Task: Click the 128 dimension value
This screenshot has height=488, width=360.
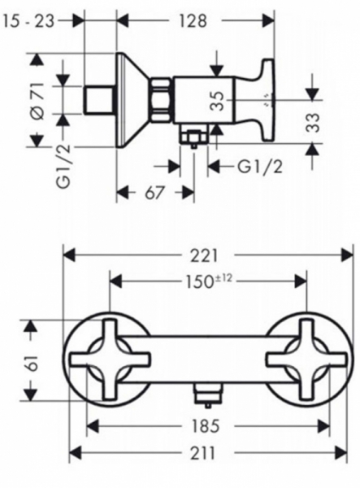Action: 193,21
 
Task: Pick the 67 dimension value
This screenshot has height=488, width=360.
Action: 154,193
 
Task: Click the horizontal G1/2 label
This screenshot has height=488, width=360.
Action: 261,167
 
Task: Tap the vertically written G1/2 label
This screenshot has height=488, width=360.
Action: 64,166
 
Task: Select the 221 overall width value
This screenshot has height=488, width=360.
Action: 205,256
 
